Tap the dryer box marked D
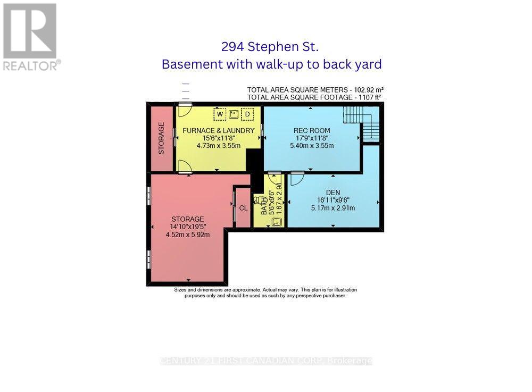(x=247, y=114)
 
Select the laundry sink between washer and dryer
(x=234, y=114)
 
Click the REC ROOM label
(x=312, y=130)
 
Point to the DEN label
(x=332, y=193)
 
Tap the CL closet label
(x=243, y=208)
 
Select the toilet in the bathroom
(x=260, y=201)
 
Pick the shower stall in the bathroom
(x=276, y=222)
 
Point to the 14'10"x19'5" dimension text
(x=187, y=227)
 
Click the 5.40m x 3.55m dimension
(x=312, y=146)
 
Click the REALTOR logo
(x=30, y=37)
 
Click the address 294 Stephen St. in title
(x=270, y=47)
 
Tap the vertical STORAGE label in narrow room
(x=161, y=139)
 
